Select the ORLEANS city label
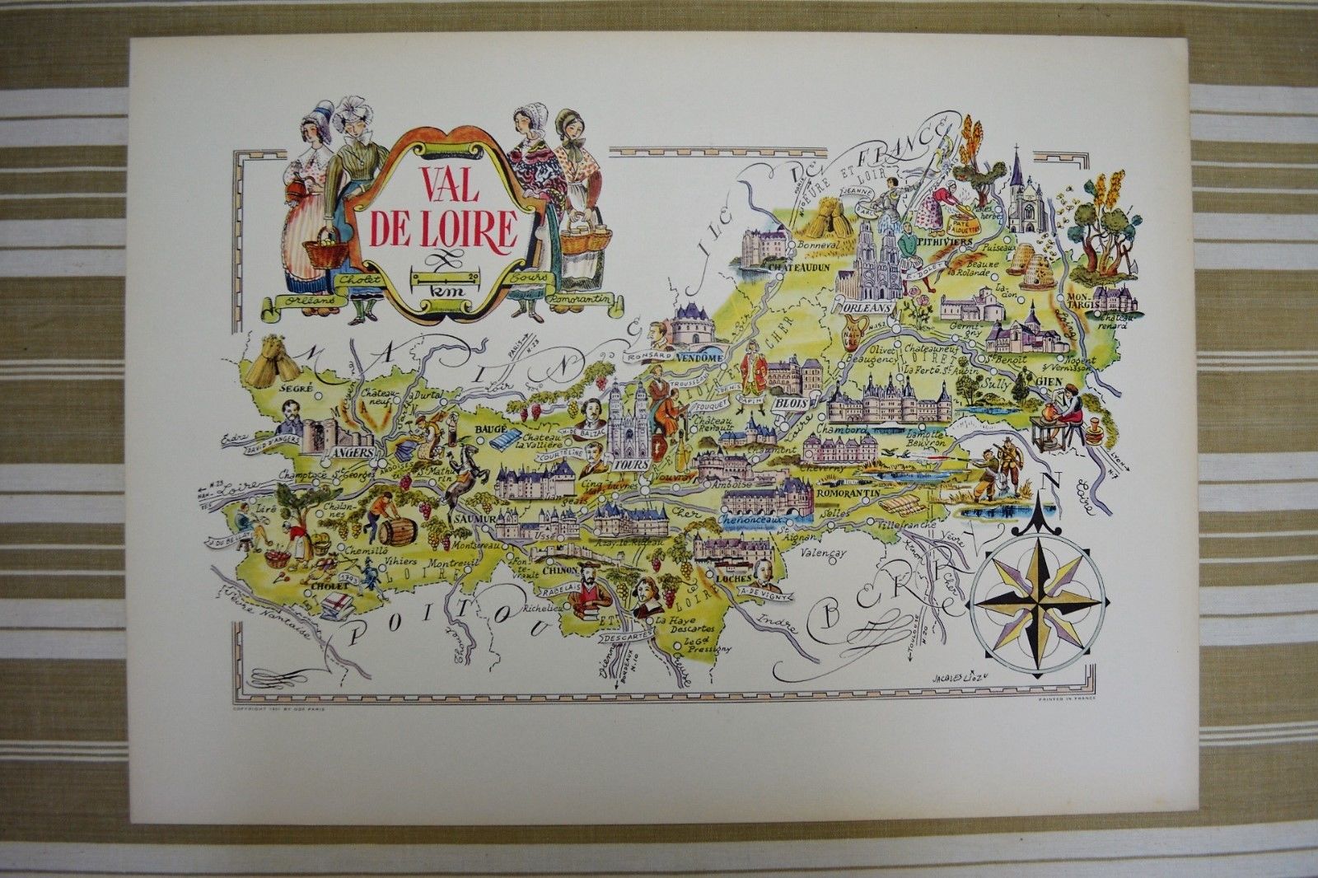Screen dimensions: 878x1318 point(868,306)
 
